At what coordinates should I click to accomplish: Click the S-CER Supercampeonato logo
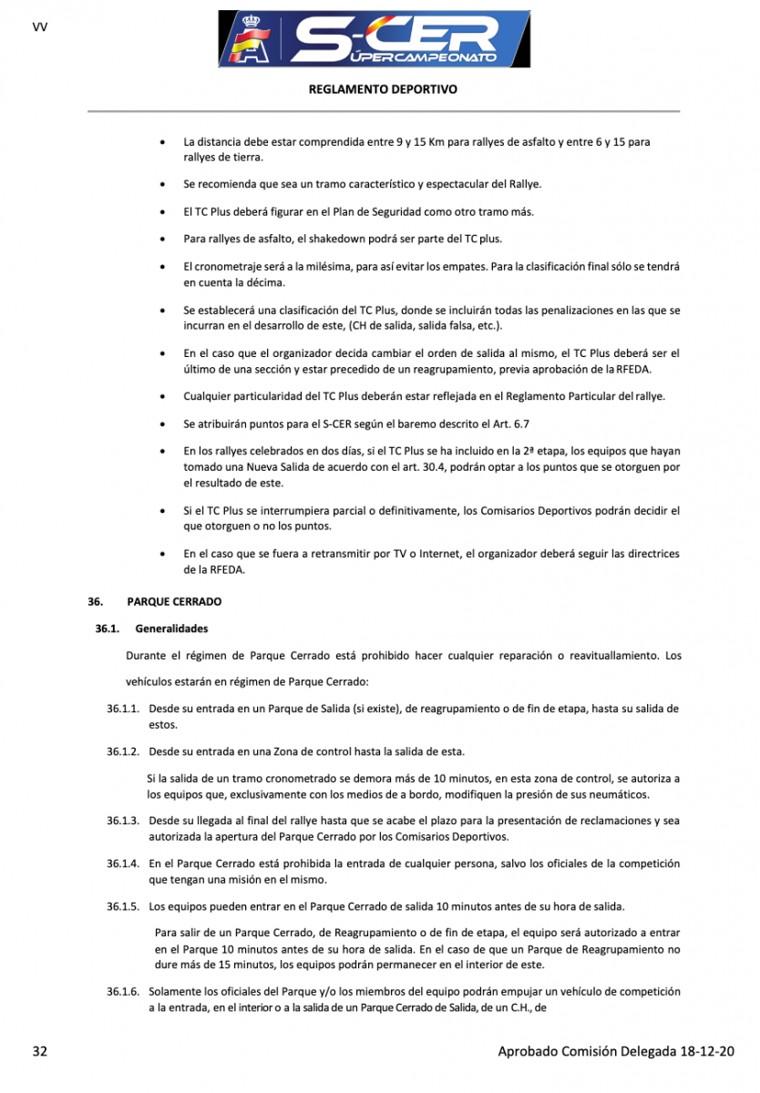tap(374, 38)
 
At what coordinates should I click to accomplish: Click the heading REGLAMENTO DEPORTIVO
tap(383, 89)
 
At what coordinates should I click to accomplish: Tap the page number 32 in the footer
tap(39, 1051)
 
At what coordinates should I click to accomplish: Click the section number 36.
tap(95, 602)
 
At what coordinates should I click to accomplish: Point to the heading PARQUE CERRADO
tap(174, 602)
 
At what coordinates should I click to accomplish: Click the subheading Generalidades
tap(171, 628)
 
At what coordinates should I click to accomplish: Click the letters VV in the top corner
tap(39, 26)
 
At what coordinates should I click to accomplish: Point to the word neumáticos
tap(621, 795)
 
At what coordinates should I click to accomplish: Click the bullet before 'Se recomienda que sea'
tap(162, 185)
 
